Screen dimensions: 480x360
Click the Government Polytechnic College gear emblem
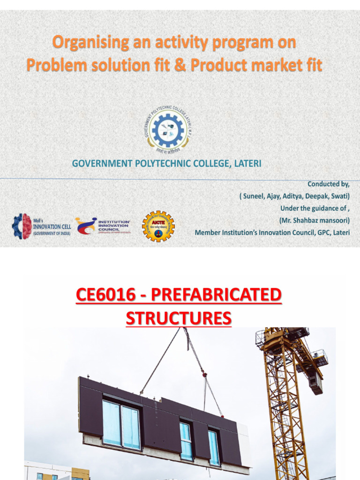coord(167,127)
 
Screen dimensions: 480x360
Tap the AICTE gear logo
coord(158,226)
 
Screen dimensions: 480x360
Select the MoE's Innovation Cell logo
coord(41,226)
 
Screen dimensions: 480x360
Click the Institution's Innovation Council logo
coord(103,225)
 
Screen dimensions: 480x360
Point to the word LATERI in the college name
coord(245,163)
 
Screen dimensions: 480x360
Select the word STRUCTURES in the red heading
coord(179,318)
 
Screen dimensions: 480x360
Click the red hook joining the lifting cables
coord(204,374)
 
